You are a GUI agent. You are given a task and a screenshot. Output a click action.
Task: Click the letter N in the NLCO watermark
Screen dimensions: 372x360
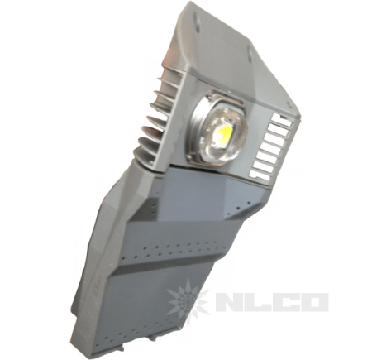click(232, 302)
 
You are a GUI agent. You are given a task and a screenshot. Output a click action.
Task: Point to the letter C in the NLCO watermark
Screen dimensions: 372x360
click(286, 302)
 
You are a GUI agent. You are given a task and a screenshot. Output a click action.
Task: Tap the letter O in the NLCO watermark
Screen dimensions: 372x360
click(314, 302)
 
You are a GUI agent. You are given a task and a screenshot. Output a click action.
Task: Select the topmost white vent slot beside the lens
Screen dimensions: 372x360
click(282, 119)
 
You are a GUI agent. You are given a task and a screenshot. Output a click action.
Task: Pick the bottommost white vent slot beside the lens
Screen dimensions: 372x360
click(260, 175)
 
